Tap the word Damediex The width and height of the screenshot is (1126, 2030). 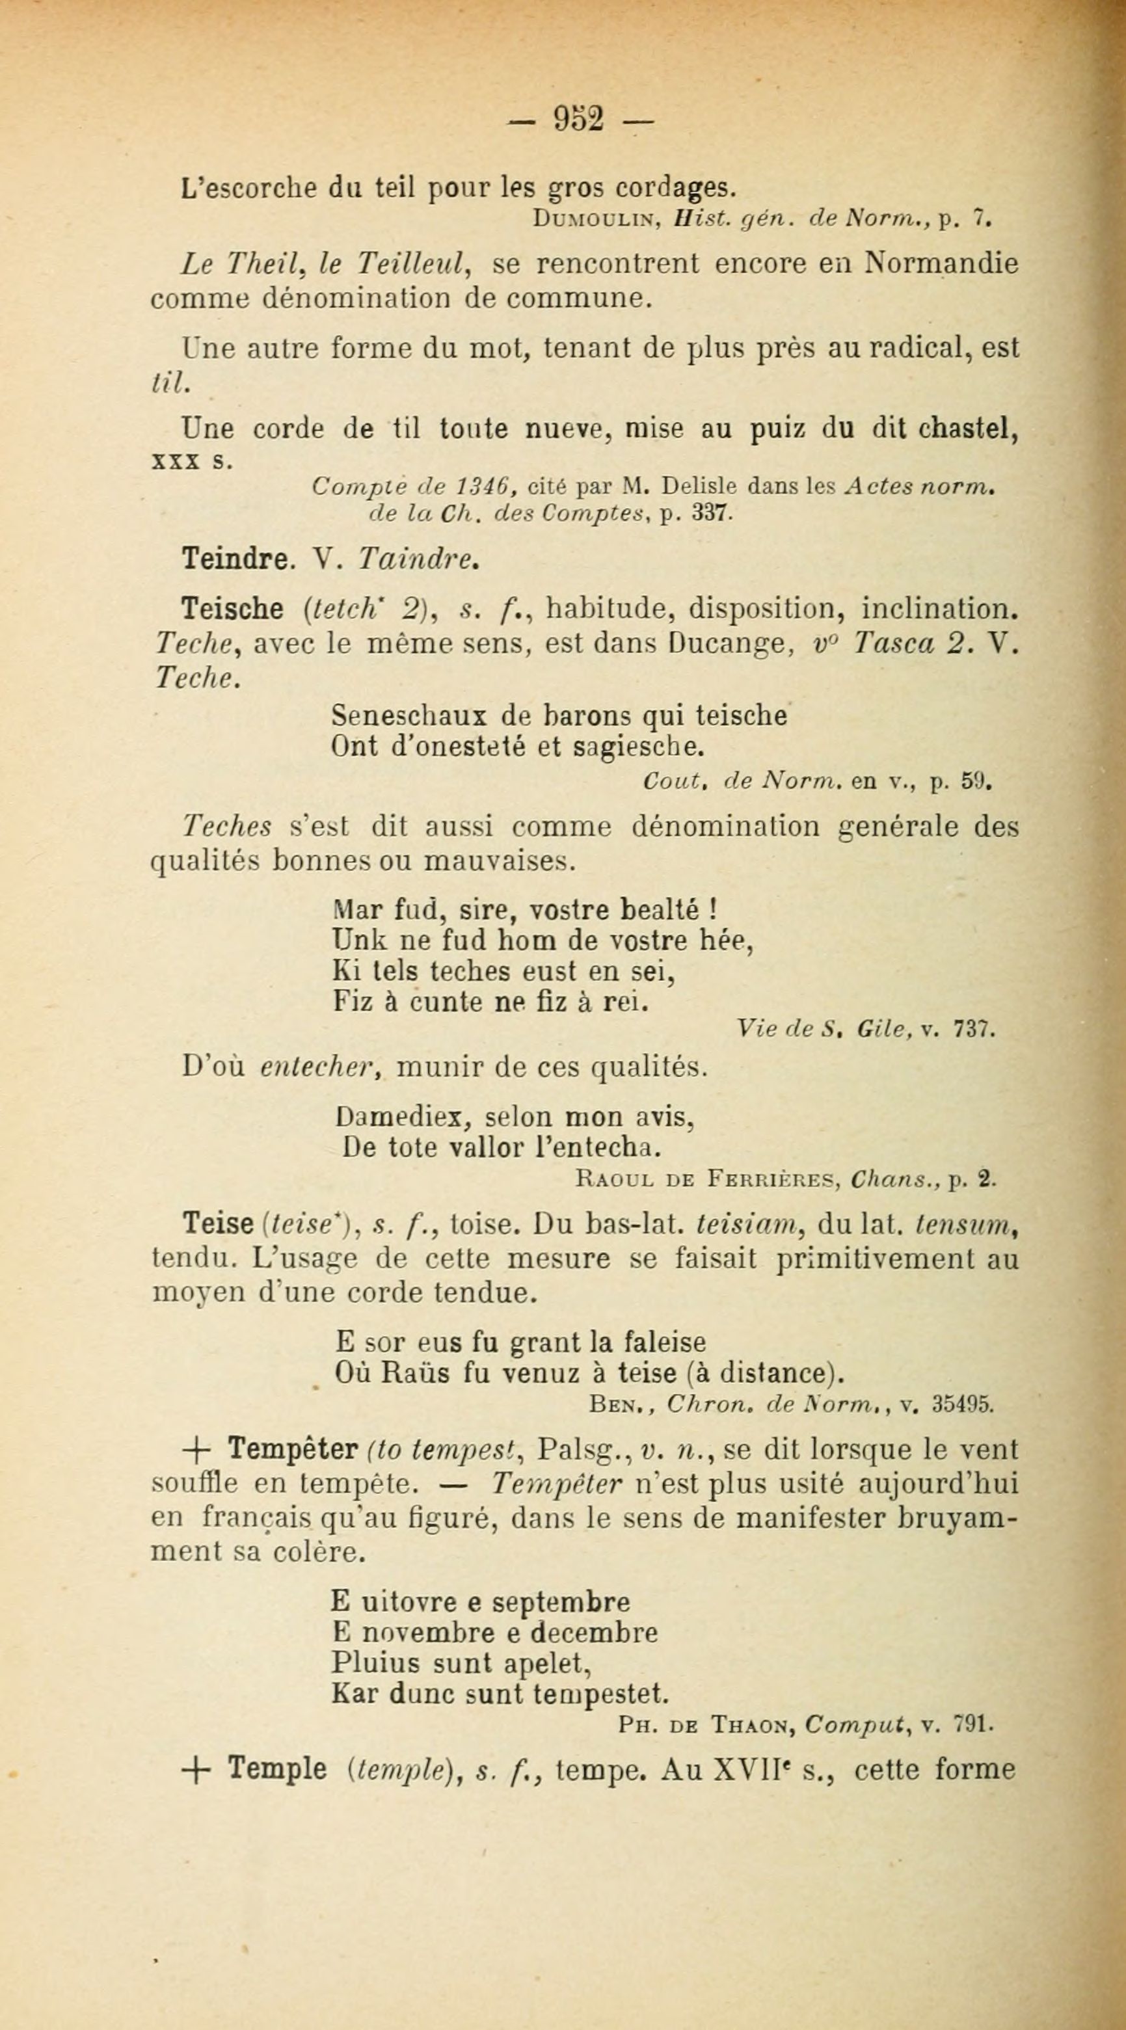[x=403, y=1117]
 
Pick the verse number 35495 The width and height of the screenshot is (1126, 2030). [x=963, y=1404]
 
